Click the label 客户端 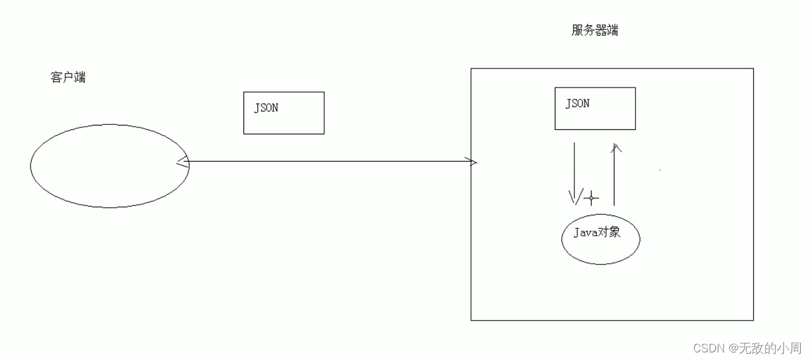pyautogui.click(x=68, y=77)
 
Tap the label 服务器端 pyautogui.click(x=595, y=30)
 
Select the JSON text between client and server pyautogui.click(x=266, y=108)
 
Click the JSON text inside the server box pyautogui.click(x=578, y=103)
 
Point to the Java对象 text pyautogui.click(x=597, y=232)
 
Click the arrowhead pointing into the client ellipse pyautogui.click(x=183, y=162)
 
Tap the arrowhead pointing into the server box pyautogui.click(x=471, y=162)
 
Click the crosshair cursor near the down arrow pyautogui.click(x=591, y=198)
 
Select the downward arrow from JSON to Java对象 pyautogui.click(x=574, y=174)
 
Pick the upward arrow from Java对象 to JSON pyautogui.click(x=614, y=175)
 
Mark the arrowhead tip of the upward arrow pyautogui.click(x=616, y=145)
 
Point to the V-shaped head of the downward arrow pyautogui.click(x=576, y=197)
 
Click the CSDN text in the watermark pyautogui.click(x=709, y=348)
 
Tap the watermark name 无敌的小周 pyautogui.click(x=770, y=348)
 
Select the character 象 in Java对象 pyautogui.click(x=614, y=232)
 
